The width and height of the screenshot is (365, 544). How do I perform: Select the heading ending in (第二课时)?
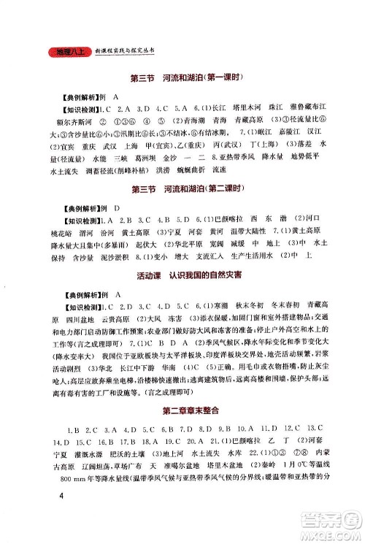click(182, 191)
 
